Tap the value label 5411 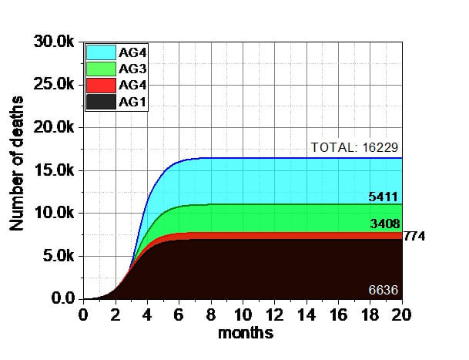pyautogui.click(x=384, y=198)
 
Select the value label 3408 pyautogui.click(x=384, y=224)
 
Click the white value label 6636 pyautogui.click(x=384, y=290)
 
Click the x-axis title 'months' pyautogui.click(x=246, y=334)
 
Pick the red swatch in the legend pyautogui.click(x=101, y=85)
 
